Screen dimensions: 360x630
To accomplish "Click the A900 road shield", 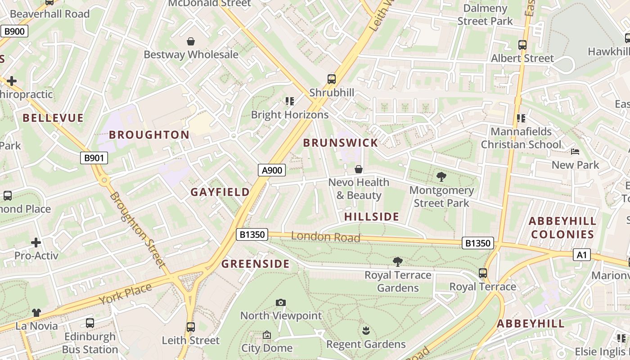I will [272, 170].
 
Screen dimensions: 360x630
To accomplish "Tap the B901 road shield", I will [94, 158].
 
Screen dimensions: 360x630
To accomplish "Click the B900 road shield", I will [14, 31].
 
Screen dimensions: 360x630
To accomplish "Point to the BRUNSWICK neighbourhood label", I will [340, 143].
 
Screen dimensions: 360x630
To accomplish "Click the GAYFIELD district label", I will [220, 192].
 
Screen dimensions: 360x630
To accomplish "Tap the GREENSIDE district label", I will [255, 264].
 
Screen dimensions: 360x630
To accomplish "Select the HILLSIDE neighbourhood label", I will [372, 217].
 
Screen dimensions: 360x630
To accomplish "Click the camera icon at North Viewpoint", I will [281, 303].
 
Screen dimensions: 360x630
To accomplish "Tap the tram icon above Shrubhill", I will [332, 79].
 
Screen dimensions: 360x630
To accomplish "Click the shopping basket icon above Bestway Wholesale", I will [191, 42].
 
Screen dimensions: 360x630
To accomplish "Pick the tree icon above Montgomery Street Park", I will [441, 177].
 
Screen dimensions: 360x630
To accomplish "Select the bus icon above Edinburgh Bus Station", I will [90, 323].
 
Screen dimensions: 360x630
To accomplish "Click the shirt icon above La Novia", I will [36, 313].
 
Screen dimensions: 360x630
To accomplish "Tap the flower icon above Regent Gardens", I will [366, 331].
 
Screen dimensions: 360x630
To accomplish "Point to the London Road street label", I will [325, 237].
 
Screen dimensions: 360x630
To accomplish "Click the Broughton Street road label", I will [138, 230].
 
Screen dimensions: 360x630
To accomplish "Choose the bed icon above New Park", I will [575, 152].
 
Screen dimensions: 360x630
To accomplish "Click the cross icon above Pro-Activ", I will [36, 243].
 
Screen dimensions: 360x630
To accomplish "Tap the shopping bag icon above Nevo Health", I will [359, 169].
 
